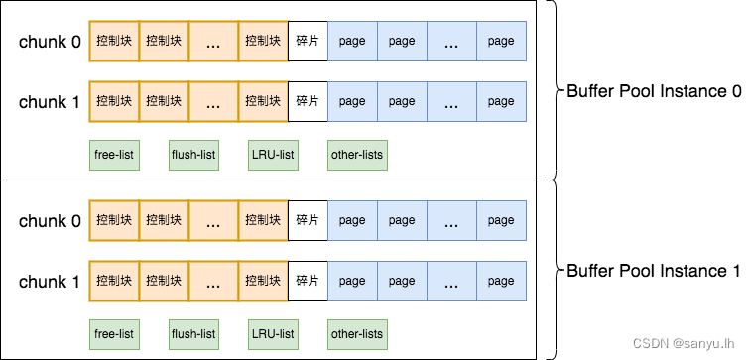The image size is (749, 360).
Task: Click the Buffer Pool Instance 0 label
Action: point(654,91)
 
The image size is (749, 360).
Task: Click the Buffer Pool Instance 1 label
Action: point(654,271)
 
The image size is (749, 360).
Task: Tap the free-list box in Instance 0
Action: point(114,155)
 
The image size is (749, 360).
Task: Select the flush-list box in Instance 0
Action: point(193,155)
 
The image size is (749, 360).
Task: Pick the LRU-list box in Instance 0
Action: point(273,155)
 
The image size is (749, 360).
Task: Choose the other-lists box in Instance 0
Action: point(357,155)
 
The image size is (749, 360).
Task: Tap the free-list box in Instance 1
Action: point(114,334)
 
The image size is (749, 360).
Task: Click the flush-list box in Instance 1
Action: point(193,334)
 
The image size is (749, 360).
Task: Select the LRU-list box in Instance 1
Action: point(273,334)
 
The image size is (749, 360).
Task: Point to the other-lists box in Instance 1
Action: point(357,334)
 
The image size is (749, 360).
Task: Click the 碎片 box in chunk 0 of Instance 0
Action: point(308,41)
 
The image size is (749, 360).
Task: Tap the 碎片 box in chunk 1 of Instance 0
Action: point(308,101)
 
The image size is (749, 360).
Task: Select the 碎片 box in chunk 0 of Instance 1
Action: point(308,220)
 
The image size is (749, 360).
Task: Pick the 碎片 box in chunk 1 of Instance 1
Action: point(308,281)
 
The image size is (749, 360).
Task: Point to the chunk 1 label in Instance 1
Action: point(50,282)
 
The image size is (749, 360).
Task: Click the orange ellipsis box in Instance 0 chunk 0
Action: point(213,41)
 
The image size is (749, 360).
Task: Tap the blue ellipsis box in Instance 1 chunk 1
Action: point(451,281)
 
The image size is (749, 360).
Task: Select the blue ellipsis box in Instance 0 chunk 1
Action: point(451,101)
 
